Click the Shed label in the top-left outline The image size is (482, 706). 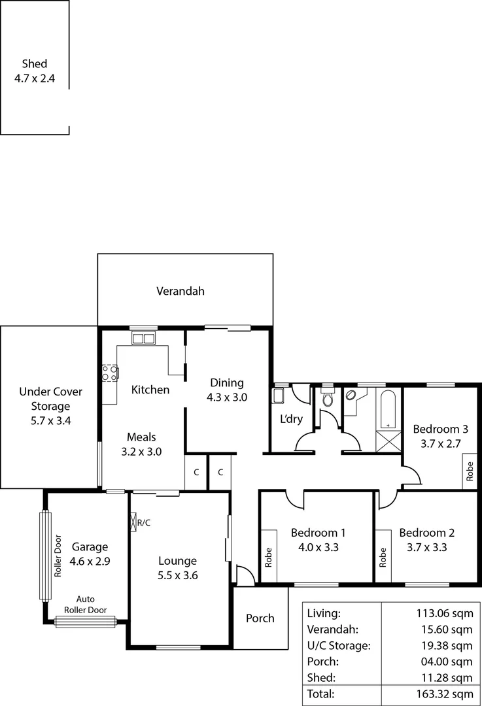(x=35, y=64)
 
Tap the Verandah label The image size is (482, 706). (x=181, y=292)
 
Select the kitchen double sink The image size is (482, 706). (x=142, y=339)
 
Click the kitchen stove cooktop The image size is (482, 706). (x=110, y=373)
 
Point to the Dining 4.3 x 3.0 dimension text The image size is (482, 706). (x=227, y=397)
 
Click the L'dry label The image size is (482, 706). (x=292, y=419)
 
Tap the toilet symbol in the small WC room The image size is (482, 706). (x=328, y=400)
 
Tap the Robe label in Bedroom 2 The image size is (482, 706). (x=383, y=557)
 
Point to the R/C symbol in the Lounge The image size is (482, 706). (x=141, y=522)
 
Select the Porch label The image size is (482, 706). (x=260, y=618)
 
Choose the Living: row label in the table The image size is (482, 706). (x=323, y=614)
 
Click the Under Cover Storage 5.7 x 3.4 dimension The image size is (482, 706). (x=50, y=421)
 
